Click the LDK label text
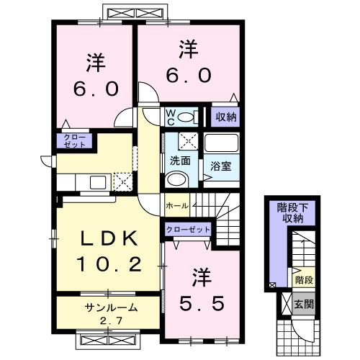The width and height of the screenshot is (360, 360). pos(107,238)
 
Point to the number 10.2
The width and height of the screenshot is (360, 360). pos(107,266)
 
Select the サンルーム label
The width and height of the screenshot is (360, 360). pos(107,307)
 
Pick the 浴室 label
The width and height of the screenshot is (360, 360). pos(220,165)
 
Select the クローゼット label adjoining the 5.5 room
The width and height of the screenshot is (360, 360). pos(189,230)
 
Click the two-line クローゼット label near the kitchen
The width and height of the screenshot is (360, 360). pos(73,140)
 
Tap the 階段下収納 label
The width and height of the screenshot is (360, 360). pos(290,213)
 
